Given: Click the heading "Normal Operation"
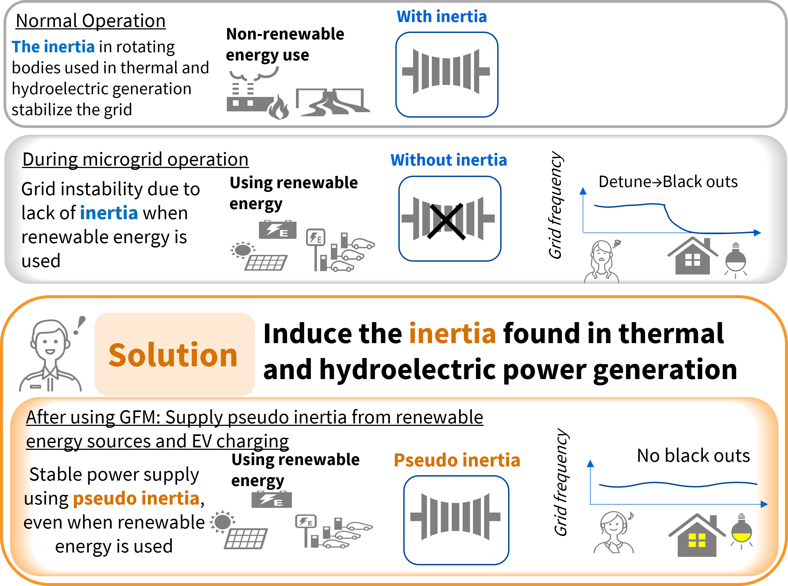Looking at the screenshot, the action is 91,21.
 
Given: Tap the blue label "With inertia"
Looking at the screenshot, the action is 442,17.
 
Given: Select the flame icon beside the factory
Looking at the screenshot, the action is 279,107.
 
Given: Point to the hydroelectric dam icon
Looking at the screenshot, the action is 333,102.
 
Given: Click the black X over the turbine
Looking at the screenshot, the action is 446,221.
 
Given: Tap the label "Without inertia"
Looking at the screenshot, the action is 449,160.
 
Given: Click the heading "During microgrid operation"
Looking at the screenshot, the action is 136,159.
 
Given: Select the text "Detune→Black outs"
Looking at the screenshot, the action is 668,182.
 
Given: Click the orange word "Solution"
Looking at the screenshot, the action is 173,355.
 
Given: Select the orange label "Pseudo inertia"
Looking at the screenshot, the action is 457,460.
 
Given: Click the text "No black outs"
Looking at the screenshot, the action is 693,456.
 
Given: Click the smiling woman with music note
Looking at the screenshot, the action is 613,532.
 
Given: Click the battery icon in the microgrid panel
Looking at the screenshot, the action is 278,230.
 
